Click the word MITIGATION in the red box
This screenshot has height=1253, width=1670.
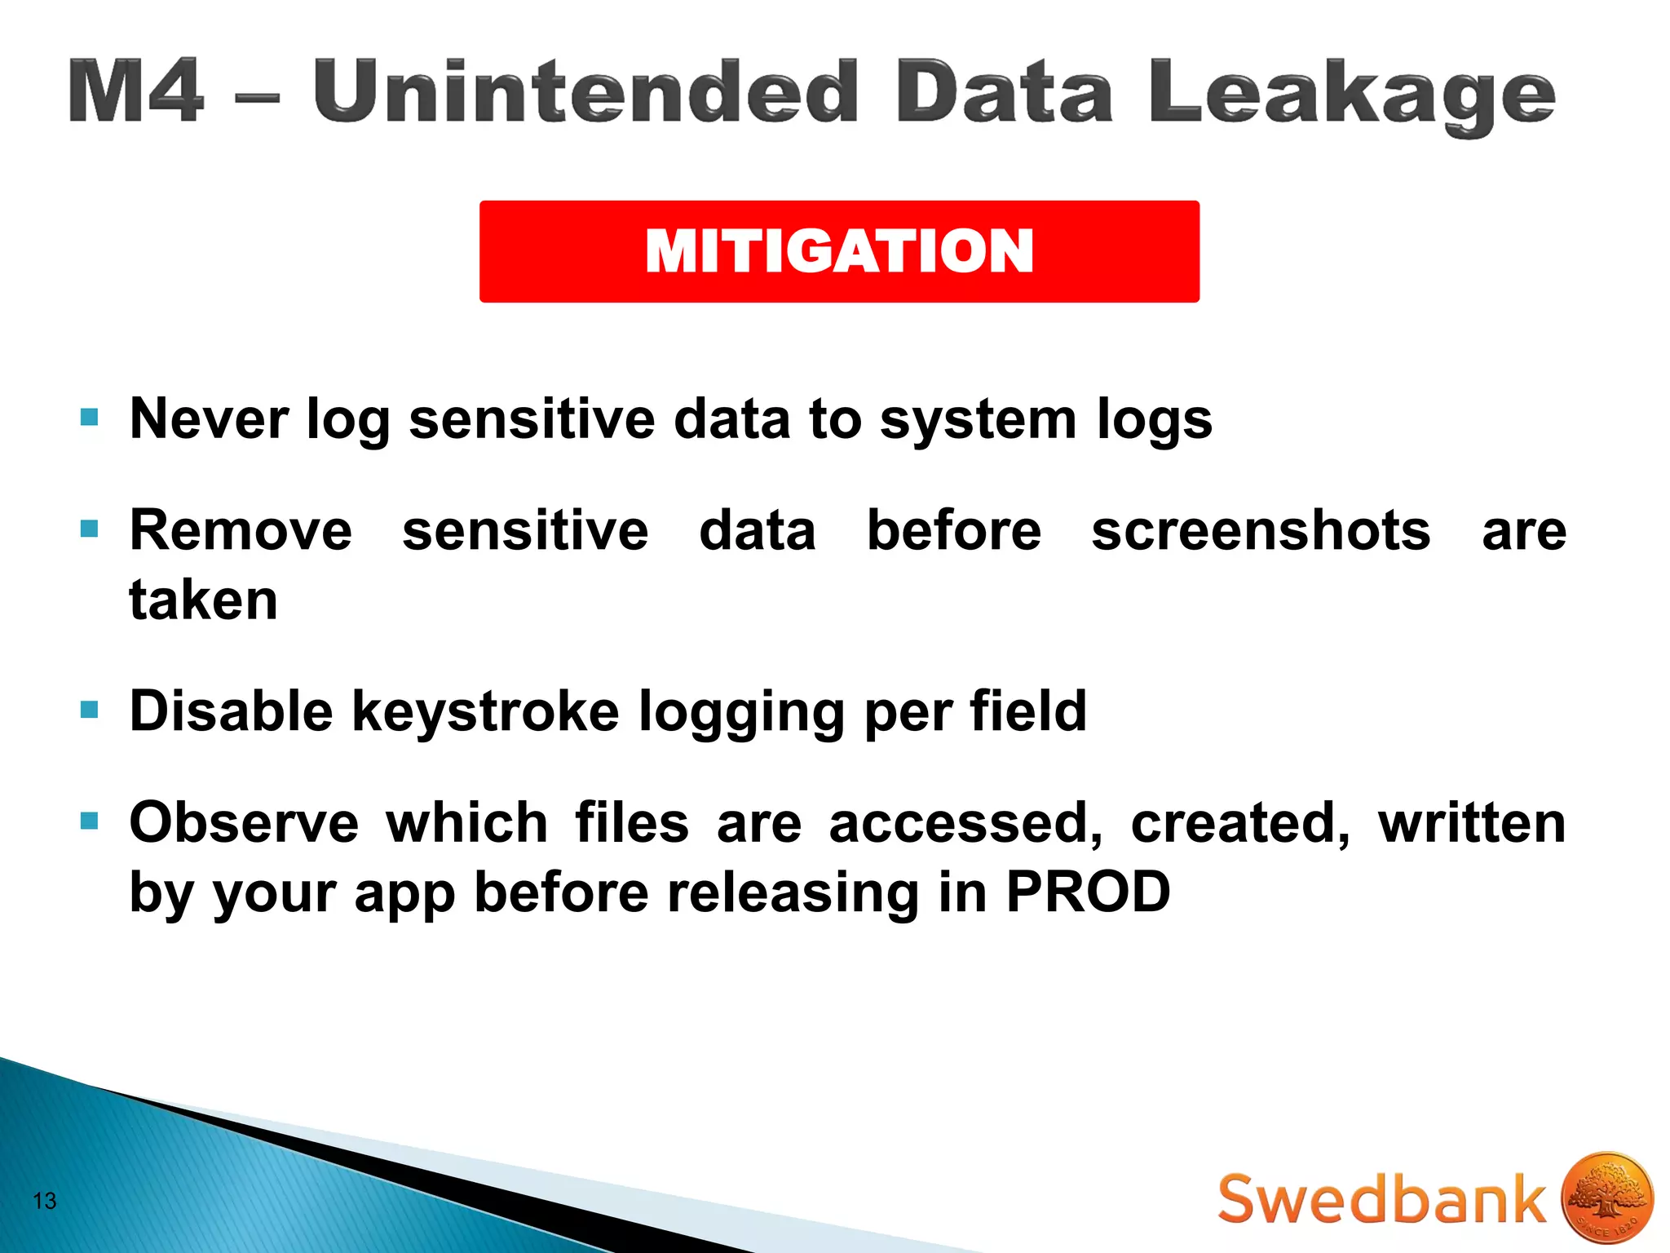coord(839,250)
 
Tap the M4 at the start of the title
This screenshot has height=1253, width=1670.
coord(135,92)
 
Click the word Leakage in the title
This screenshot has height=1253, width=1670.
coord(1351,95)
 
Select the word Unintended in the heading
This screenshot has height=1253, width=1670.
coord(585,91)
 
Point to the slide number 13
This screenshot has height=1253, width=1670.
coord(45,1200)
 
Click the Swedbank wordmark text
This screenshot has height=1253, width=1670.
coord(1381,1199)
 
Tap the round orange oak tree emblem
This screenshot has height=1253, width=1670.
coord(1606,1197)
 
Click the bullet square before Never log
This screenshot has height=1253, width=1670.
coord(90,418)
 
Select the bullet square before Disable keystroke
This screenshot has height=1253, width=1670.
coord(90,710)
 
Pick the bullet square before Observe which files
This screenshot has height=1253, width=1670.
coord(90,821)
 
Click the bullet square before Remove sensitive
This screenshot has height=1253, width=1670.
coord(90,529)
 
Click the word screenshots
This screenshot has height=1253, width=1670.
coord(1261,530)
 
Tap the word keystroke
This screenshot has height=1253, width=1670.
coord(485,711)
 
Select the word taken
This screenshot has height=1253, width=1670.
coord(204,600)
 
